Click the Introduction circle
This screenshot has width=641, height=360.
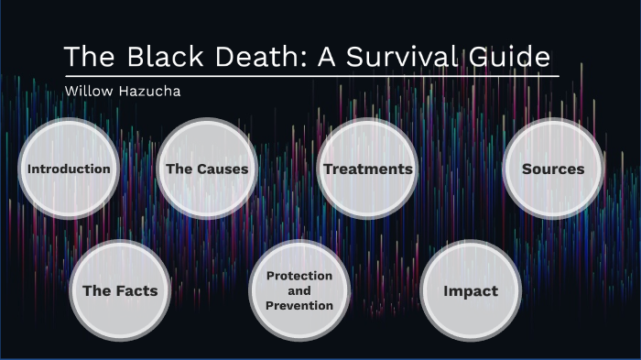[69, 169]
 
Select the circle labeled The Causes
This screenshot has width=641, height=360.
[207, 169]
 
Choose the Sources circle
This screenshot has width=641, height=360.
[553, 169]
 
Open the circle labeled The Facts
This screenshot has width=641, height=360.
[120, 291]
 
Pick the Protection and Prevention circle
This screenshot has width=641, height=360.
[299, 290]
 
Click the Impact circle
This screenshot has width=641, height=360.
[471, 291]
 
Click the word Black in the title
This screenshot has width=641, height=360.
[162, 57]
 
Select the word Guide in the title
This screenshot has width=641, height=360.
[510, 57]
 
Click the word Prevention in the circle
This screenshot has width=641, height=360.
[299, 306]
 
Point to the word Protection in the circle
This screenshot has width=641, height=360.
[299, 276]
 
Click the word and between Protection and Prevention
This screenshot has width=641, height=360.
[299, 290]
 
